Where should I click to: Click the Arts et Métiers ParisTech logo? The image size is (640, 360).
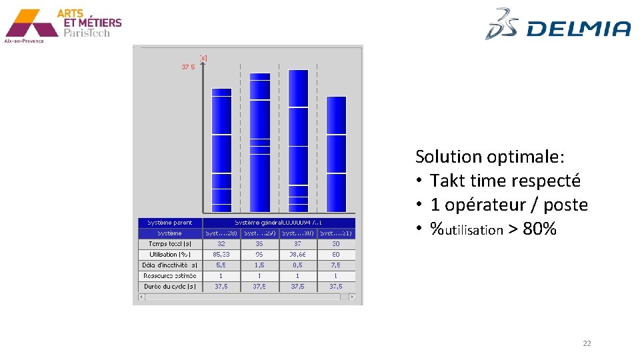coord(63,25)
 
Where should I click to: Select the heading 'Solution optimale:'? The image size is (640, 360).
coord(490,157)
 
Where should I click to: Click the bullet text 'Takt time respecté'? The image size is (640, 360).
coord(505,181)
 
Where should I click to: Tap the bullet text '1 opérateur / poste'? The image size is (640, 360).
coord(509,205)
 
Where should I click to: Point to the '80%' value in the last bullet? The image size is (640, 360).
coord(539,229)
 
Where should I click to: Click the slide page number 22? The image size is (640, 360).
coord(587,343)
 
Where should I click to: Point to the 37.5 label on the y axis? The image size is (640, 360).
coord(188,67)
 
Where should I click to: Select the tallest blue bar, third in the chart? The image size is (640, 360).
coord(298,140)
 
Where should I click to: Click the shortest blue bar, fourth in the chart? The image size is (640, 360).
coord(336,153)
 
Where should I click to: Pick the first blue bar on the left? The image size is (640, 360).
coord(221,150)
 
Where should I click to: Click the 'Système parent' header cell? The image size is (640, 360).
coord(170,223)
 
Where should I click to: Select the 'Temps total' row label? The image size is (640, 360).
coord(170,244)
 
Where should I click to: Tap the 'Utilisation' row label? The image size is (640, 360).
coord(170,255)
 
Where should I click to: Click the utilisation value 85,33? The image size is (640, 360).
coord(221,255)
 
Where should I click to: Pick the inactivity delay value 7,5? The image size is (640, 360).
coord(336,265)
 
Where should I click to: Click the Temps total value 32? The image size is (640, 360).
coord(221,244)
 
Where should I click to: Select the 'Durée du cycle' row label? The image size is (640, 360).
coord(170,287)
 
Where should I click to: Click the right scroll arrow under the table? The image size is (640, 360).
coord(352,297)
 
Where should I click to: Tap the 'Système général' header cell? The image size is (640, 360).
coord(279,223)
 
